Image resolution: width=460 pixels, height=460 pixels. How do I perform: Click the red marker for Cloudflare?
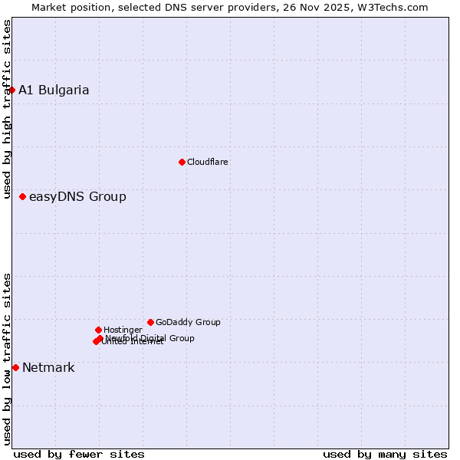(x=182, y=162)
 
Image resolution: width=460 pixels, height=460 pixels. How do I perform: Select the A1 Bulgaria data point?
(x=11, y=90)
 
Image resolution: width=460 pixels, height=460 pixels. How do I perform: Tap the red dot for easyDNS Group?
(x=22, y=197)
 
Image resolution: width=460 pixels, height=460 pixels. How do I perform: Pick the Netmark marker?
(x=15, y=368)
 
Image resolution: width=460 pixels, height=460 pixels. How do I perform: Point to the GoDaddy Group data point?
(x=150, y=322)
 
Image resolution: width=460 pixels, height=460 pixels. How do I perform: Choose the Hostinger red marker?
(x=98, y=330)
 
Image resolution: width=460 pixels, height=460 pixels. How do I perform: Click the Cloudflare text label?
(x=208, y=162)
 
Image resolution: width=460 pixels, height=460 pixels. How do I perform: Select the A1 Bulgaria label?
(x=54, y=90)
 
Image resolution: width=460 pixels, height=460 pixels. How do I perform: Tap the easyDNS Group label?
(x=77, y=197)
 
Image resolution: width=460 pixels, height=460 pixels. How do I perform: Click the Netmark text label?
(x=48, y=368)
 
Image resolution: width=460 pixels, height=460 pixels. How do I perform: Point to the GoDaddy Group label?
(x=188, y=322)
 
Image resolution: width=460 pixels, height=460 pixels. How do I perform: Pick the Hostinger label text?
(x=123, y=330)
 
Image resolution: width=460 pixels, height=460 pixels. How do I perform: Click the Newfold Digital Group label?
(x=150, y=338)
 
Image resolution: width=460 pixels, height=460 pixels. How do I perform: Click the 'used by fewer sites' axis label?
(x=79, y=454)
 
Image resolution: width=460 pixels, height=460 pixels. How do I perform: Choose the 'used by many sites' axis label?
(x=385, y=454)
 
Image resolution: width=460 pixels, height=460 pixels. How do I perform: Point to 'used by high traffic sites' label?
(x=7, y=110)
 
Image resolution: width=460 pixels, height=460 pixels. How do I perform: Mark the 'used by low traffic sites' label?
(x=7, y=359)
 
